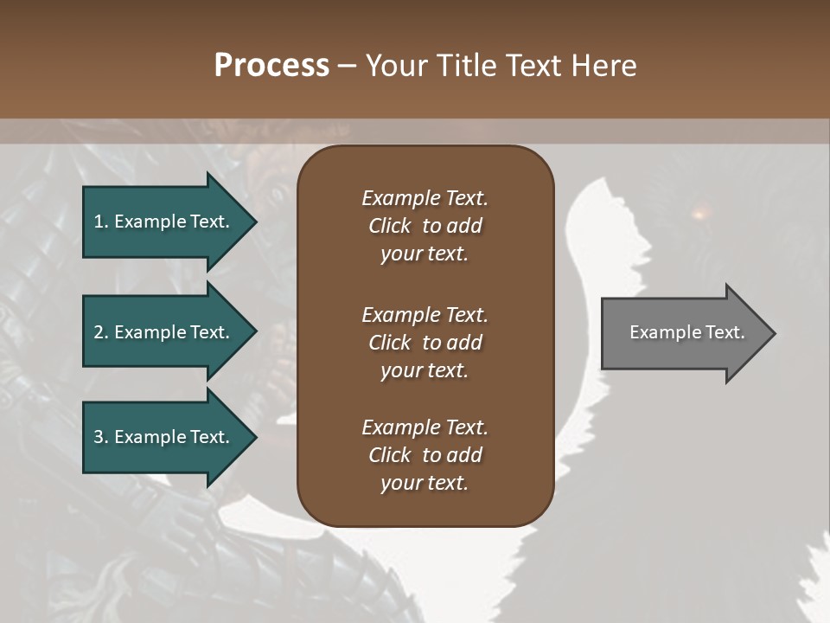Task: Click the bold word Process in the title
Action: pyautogui.click(x=271, y=66)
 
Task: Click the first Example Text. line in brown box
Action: pyautogui.click(x=425, y=198)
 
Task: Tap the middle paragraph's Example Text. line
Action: pyautogui.click(x=425, y=314)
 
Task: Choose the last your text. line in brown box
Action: pyautogui.click(x=425, y=483)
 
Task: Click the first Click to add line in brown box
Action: pyautogui.click(x=425, y=226)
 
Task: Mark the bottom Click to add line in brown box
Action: pyautogui.click(x=425, y=455)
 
